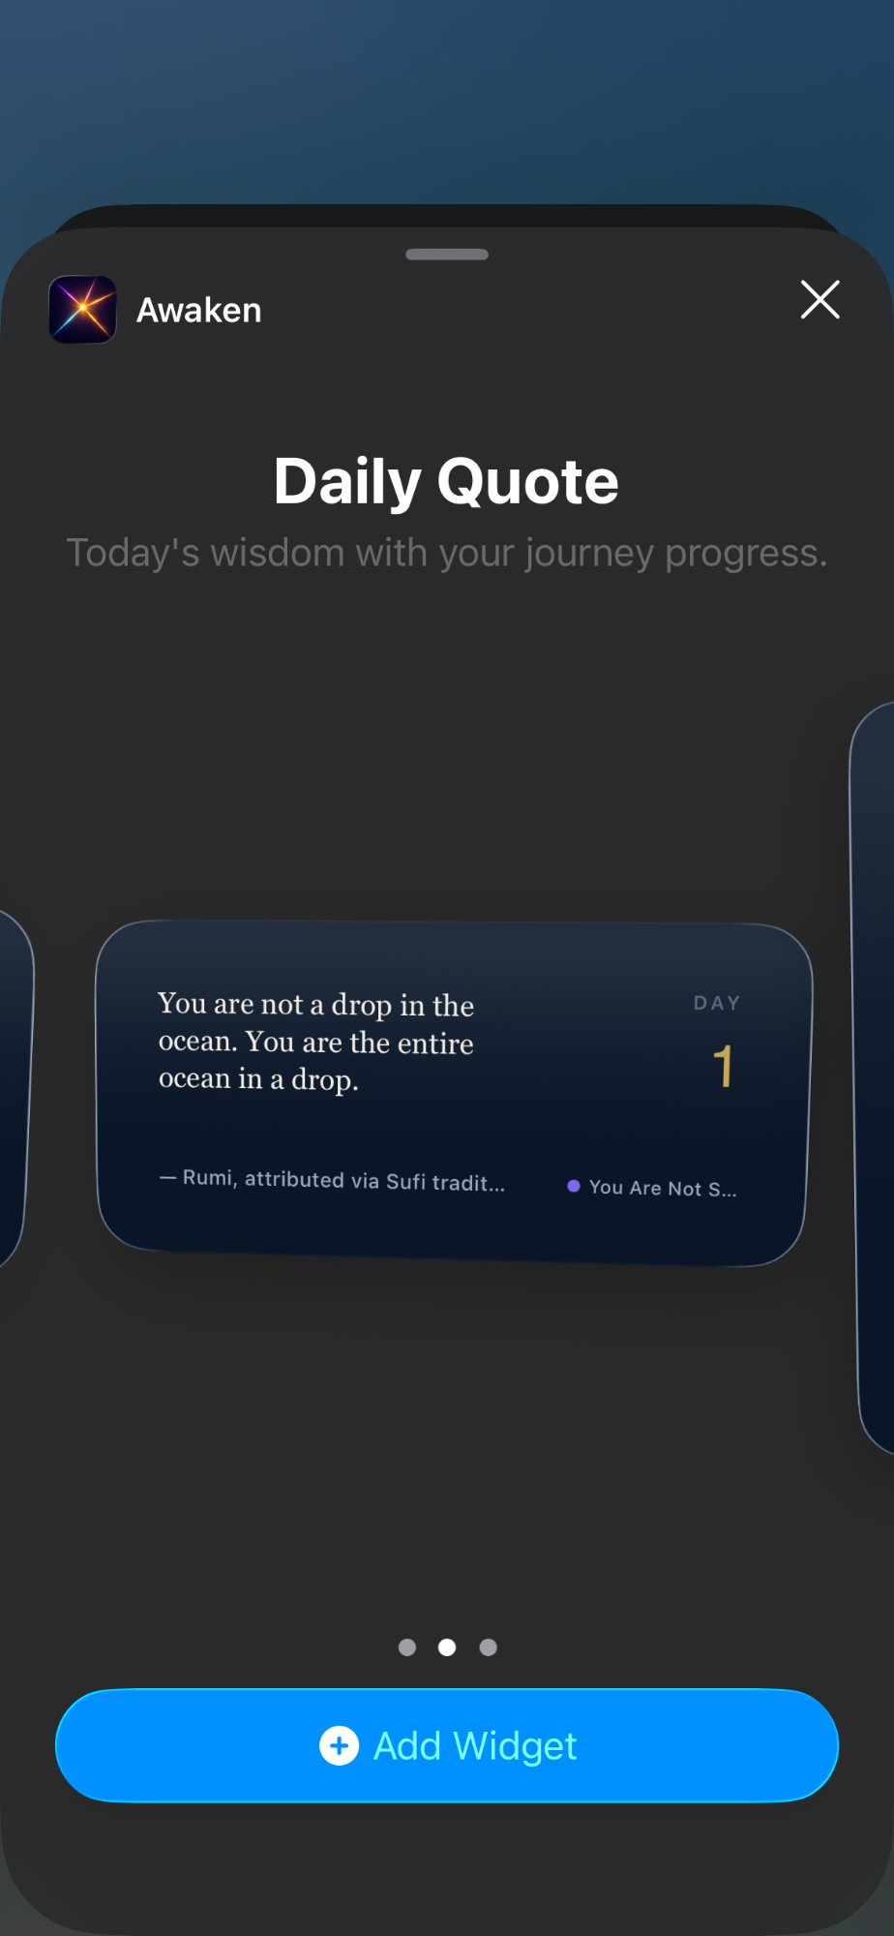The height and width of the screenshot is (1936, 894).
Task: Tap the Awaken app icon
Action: [83, 310]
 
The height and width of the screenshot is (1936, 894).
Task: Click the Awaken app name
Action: [199, 311]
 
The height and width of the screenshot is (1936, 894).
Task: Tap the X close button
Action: [819, 300]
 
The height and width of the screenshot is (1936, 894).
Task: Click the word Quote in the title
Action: [528, 482]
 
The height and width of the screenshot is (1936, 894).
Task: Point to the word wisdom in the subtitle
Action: [278, 554]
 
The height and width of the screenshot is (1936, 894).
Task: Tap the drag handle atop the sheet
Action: [447, 255]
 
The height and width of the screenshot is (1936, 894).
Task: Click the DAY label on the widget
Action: [717, 1004]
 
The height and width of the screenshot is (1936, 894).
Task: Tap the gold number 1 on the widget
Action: [723, 1067]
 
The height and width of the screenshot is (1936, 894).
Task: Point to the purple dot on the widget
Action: [574, 1186]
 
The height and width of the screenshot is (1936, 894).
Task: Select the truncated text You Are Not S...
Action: [663, 1189]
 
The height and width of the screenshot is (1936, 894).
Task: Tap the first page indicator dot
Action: [407, 1648]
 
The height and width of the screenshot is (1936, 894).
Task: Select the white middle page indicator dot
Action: [447, 1648]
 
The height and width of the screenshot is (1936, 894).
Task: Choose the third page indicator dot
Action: [489, 1648]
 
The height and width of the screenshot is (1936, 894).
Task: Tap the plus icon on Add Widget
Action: [339, 1746]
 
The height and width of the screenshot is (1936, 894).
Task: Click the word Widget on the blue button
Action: [515, 1746]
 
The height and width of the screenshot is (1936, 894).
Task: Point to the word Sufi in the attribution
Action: [405, 1182]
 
